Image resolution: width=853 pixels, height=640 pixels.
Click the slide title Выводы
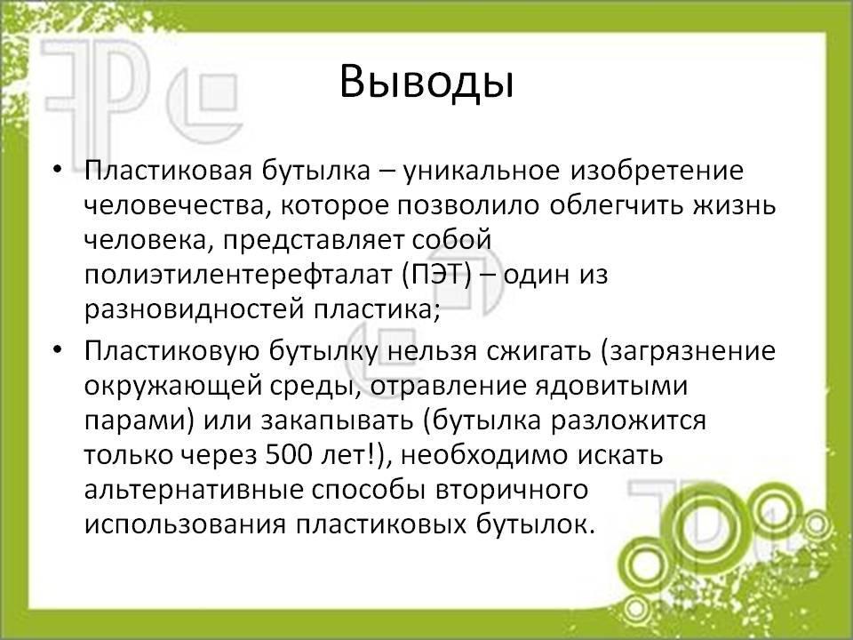(427, 83)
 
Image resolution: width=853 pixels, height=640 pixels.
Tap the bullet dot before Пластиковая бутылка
(58, 169)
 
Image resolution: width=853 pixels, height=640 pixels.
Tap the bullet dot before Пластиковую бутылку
(58, 349)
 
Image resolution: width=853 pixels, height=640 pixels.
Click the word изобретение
(656, 171)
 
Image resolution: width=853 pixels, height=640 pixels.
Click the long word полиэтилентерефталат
(238, 276)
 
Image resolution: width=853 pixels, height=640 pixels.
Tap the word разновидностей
(195, 310)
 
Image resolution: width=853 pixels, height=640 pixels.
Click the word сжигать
(538, 352)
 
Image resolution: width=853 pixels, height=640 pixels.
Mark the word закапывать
(337, 421)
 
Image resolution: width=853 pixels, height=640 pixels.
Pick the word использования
(185, 525)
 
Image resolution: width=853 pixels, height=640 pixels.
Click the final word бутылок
(535, 525)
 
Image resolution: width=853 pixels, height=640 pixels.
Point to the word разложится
(628, 421)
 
